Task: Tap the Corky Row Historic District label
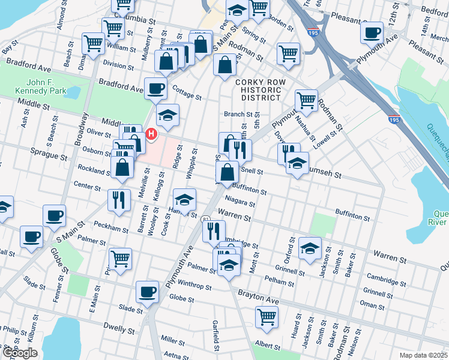(258, 89)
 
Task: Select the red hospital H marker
(151, 133)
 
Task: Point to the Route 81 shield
(205, 220)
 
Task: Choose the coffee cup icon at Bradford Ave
(155, 88)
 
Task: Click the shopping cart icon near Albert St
(267, 316)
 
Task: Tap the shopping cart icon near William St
(94, 43)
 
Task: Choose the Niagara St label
(240, 202)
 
